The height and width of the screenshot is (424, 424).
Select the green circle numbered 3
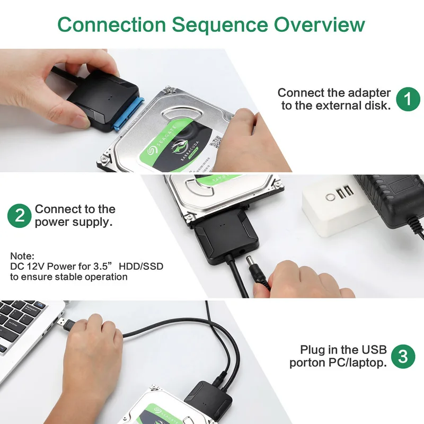point(403,356)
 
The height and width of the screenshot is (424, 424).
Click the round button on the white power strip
point(331,197)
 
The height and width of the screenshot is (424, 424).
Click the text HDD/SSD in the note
point(140,266)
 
